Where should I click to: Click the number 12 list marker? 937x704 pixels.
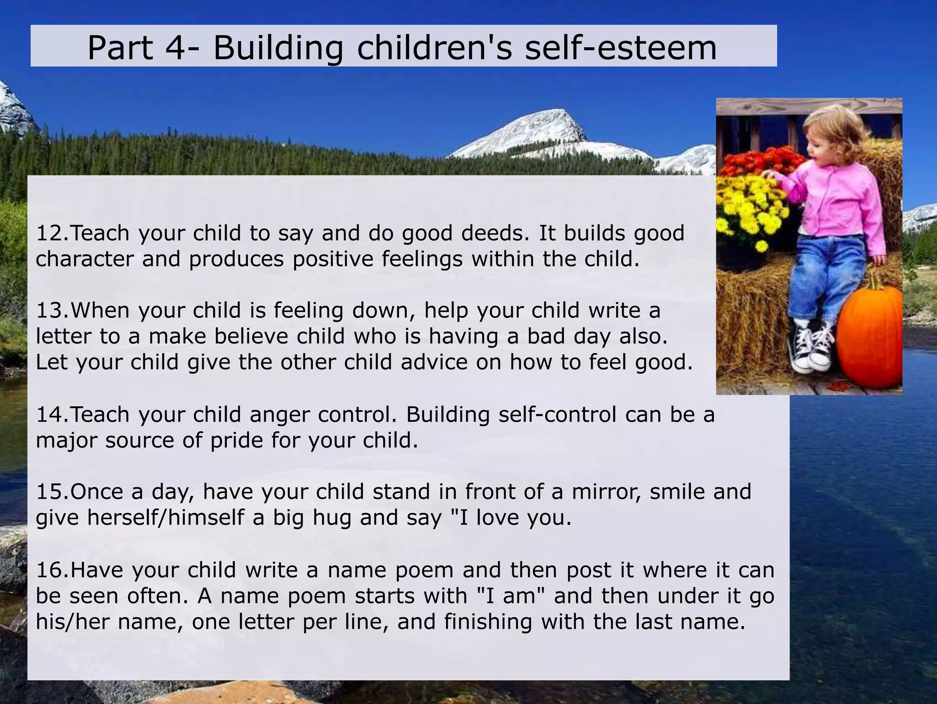[x=51, y=233]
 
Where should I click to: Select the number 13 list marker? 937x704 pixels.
[x=51, y=311]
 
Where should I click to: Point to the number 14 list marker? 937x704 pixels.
[x=51, y=415]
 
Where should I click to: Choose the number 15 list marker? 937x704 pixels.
[x=51, y=492]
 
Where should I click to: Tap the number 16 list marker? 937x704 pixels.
[x=51, y=570]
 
